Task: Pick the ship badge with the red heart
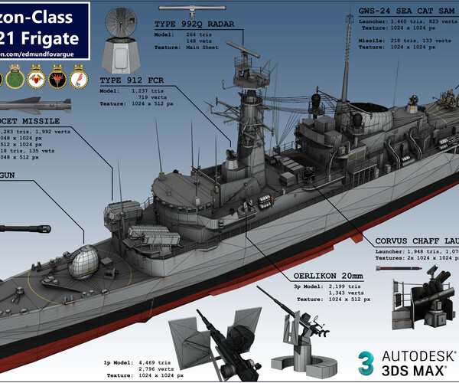point(35,78)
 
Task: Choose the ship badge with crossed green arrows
point(14,78)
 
